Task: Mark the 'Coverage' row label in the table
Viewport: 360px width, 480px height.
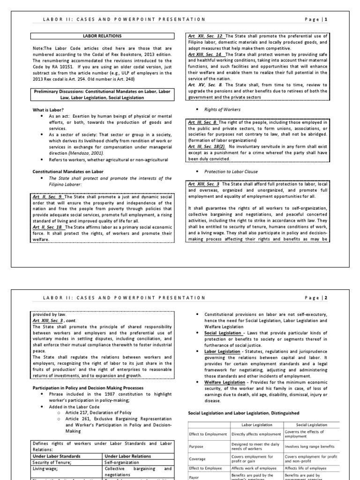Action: click(x=197, y=459)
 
